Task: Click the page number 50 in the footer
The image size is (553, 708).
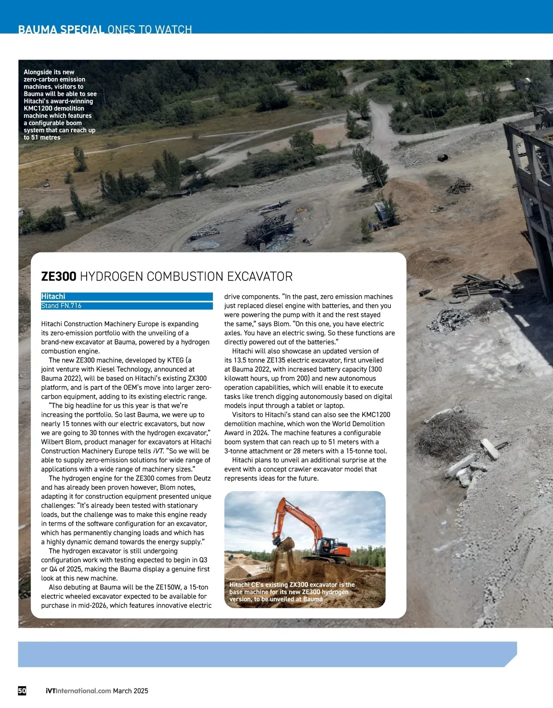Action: [22, 690]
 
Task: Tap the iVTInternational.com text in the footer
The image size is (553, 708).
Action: [78, 690]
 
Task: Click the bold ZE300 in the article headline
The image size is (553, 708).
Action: [59, 276]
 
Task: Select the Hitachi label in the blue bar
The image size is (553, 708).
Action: [53, 297]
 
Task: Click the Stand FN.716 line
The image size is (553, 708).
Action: [61, 306]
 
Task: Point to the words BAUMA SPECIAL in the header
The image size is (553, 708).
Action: [61, 30]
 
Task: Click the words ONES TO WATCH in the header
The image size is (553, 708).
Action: [149, 30]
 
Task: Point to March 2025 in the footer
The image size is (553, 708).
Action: [130, 690]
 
